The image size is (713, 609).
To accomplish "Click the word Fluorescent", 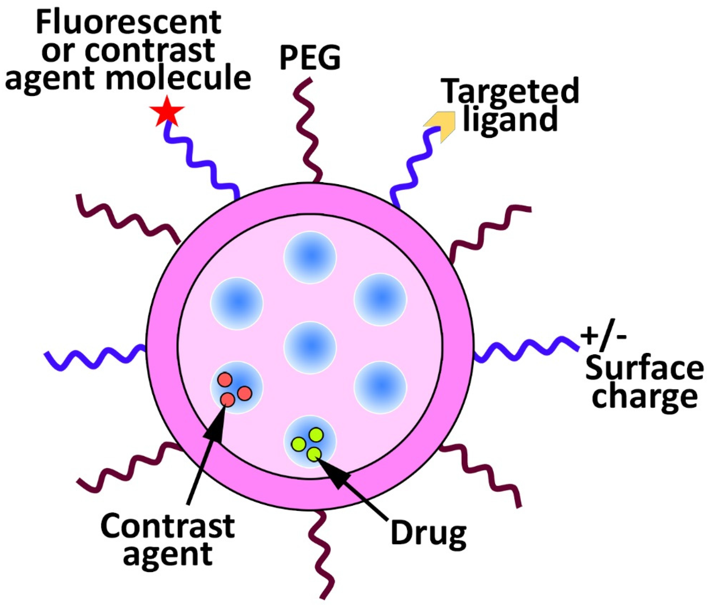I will tap(128, 22).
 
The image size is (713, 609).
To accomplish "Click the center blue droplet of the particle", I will tap(310, 348).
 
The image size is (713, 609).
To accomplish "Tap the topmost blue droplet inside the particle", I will tap(310, 257).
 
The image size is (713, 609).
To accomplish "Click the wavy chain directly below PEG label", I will tap(308, 131).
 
